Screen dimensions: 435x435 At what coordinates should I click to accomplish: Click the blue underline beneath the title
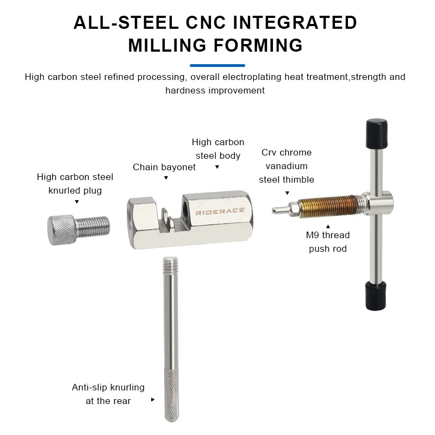217,65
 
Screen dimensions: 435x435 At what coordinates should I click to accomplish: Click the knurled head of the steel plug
61,229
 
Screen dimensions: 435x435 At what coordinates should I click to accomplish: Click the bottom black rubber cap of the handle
375,295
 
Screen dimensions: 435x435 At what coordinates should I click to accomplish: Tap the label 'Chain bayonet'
164,167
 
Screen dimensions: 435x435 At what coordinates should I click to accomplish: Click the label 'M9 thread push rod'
328,242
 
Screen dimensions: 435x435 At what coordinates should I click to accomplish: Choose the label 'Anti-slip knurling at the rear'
108,394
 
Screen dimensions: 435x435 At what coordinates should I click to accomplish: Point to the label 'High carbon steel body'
218,149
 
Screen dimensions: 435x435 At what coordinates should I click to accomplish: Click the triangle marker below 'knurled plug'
77,202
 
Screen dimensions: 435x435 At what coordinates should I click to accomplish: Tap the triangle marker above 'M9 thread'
328,225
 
